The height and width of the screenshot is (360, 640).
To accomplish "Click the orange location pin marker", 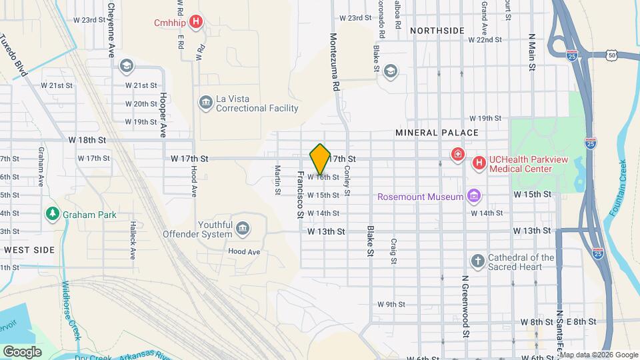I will click(320, 158).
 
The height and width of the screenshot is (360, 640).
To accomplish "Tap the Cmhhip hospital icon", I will click(196, 23).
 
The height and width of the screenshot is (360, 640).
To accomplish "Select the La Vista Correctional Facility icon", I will click(205, 103).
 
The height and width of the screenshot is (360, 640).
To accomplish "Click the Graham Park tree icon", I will click(52, 214).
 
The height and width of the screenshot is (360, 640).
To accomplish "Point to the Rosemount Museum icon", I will click(473, 196).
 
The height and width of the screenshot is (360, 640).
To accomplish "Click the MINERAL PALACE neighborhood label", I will click(437, 133).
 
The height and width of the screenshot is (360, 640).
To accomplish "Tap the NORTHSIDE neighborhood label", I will click(437, 31).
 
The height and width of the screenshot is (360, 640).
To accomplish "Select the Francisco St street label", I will click(299, 193).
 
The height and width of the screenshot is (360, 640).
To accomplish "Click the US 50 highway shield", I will click(611, 54).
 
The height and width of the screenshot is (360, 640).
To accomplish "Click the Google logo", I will click(22, 351).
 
